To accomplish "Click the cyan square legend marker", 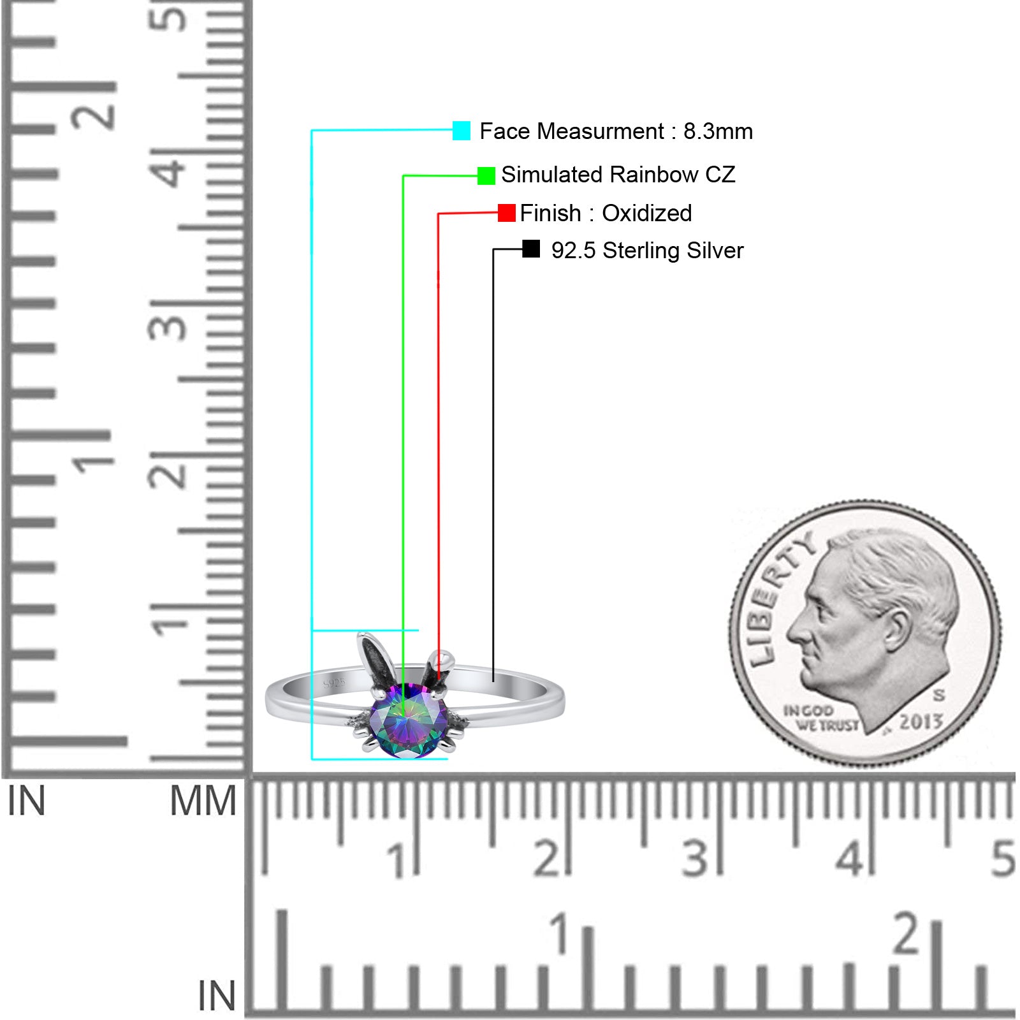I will (x=462, y=131).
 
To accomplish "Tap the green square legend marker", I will (x=486, y=175).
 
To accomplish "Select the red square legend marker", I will (x=507, y=213).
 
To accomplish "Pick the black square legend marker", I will (x=531, y=249).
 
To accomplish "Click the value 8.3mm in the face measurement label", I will (x=718, y=131).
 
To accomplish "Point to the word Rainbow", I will (x=653, y=175).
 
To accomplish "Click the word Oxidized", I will (x=646, y=213).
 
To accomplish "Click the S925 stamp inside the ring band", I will (x=334, y=683).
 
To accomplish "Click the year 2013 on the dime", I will (x=921, y=722).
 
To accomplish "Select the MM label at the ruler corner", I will (x=203, y=801).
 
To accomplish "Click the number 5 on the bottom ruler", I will (x=1002, y=859).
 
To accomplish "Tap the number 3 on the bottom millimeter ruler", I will (x=695, y=859).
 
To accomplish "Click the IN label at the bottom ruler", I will (x=217, y=996).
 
